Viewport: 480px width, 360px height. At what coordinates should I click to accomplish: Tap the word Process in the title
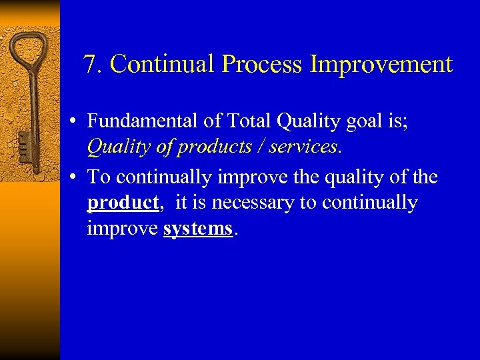(263, 65)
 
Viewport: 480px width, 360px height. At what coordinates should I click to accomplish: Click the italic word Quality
(117, 147)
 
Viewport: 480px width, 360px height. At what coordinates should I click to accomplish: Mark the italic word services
(301, 147)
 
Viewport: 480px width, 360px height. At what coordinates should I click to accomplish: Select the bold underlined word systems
(198, 229)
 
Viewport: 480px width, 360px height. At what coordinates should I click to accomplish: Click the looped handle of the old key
(27, 53)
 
